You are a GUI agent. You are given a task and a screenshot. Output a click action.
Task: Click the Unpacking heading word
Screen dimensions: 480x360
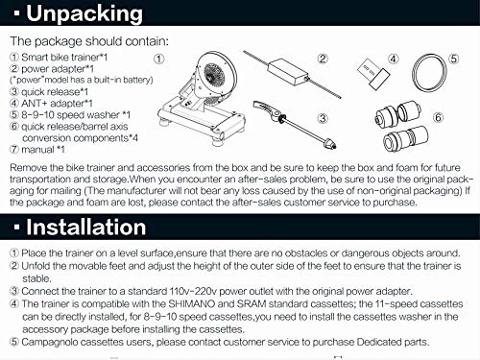coord(84,14)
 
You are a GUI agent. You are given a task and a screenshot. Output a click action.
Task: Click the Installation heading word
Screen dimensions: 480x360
coord(85,228)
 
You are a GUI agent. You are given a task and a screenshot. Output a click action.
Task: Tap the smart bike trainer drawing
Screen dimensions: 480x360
coord(202,98)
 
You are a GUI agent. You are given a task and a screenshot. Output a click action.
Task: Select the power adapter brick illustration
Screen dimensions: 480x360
coord(288,72)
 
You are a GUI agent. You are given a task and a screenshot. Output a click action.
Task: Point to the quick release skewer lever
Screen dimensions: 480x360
coord(266,109)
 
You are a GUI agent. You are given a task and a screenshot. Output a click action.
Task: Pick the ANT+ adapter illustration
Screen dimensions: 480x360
coord(373,74)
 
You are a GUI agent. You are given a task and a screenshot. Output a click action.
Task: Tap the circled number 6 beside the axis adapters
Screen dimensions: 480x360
coord(439,118)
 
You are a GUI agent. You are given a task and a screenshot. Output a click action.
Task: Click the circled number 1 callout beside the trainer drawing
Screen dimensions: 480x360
coord(159,59)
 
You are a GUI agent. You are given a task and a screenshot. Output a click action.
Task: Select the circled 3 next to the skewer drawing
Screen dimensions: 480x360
coord(323,118)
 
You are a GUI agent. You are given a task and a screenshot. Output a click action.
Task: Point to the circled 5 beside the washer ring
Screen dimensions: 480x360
coord(454,59)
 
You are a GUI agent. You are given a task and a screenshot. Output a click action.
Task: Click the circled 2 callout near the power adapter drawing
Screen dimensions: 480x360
coord(323,59)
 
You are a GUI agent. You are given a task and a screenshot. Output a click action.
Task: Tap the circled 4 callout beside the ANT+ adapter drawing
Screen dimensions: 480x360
coord(394,60)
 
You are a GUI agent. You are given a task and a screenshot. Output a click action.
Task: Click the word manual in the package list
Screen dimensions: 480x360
coord(37,150)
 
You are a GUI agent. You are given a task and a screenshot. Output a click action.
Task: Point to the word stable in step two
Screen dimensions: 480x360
coord(36,278)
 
